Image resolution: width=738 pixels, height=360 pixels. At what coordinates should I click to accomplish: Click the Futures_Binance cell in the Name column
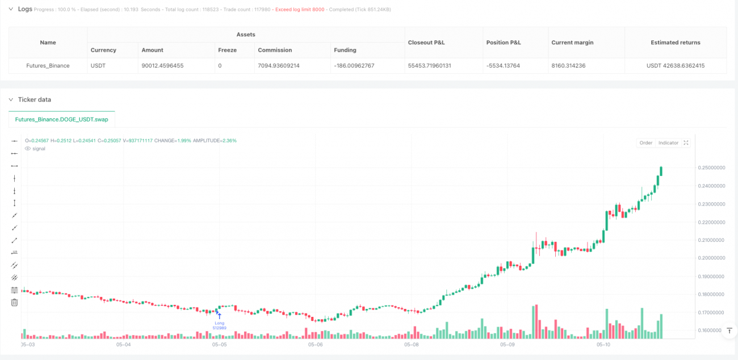pyautogui.click(x=48, y=66)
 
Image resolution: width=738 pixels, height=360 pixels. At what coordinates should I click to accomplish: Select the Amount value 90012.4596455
pyautogui.click(x=162, y=66)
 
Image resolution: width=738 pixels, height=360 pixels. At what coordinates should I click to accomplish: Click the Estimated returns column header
pyautogui.click(x=675, y=43)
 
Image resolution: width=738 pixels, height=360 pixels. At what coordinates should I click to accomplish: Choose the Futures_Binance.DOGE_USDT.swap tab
pyautogui.click(x=62, y=120)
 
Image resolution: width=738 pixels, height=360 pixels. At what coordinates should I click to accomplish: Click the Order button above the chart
pyautogui.click(x=646, y=143)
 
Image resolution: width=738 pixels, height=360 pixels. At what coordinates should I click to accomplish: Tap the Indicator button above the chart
pyautogui.click(x=668, y=143)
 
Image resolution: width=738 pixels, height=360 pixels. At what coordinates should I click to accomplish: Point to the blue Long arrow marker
pyautogui.click(x=220, y=316)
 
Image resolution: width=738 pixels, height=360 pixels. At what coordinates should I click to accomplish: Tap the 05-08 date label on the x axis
pyautogui.click(x=412, y=345)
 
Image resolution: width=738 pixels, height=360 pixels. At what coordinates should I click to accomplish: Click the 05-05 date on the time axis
pyautogui.click(x=220, y=345)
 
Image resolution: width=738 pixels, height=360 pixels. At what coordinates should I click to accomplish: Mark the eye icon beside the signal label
pyautogui.click(x=28, y=149)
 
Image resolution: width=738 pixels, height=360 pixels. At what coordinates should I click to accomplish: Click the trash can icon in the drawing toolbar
pyautogui.click(x=14, y=303)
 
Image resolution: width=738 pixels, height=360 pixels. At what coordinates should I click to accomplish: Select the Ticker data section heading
pyautogui.click(x=34, y=99)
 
